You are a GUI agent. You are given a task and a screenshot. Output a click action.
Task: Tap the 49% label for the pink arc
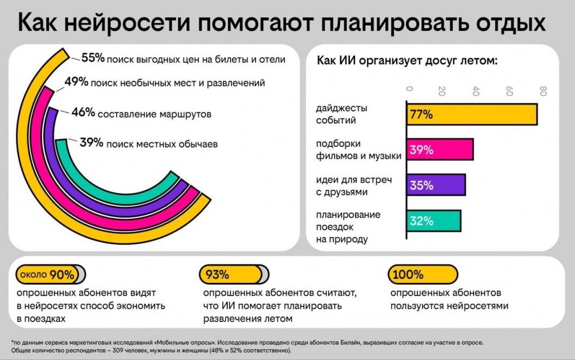pyautogui.click(x=76, y=83)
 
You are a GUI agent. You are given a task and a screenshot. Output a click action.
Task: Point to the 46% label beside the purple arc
pyautogui.click(x=83, y=113)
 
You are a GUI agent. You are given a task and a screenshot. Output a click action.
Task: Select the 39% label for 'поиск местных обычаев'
pyautogui.click(x=91, y=143)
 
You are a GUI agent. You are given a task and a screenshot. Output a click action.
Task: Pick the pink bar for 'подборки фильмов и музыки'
pyautogui.click(x=440, y=150)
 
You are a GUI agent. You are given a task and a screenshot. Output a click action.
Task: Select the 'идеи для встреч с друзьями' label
pyautogui.click(x=346, y=185)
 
